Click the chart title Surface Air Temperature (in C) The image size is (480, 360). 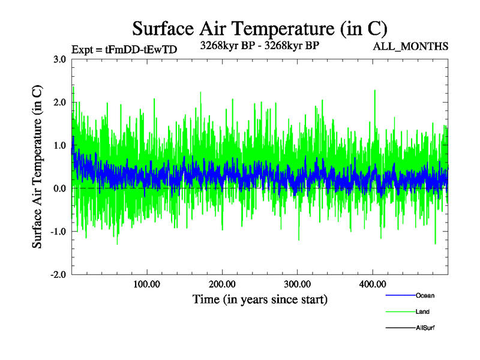tap(259, 28)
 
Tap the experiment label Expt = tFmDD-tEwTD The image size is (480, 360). tap(124, 50)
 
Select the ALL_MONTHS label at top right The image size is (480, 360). tap(410, 47)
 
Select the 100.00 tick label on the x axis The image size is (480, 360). tap(146, 284)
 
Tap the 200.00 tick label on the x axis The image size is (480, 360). tap(222, 284)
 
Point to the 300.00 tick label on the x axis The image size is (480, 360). tap(297, 284)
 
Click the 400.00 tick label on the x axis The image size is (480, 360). tap(372, 284)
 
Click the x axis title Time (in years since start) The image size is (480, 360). tap(260, 299)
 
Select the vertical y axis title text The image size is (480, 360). tap(37, 167)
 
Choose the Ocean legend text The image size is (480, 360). tap(425, 295)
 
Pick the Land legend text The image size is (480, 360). tap(422, 312)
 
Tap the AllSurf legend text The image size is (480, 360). tap(425, 328)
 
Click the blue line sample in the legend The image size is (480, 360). tap(399, 295)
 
